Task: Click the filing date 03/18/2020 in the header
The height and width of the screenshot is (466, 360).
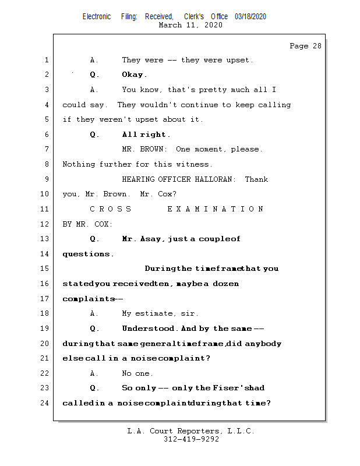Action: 250,17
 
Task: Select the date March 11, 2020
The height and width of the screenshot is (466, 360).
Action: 190,25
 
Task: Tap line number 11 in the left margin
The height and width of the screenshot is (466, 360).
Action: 45,209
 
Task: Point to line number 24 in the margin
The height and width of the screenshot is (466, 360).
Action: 45,403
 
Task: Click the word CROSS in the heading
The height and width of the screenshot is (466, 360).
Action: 111,209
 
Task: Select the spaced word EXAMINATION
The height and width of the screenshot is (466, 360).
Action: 216,209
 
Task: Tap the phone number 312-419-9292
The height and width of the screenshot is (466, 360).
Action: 191,440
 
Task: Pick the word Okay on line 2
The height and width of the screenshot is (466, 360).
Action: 134,75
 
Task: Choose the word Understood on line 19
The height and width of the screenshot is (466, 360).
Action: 149,329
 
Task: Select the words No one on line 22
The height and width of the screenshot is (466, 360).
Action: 137,373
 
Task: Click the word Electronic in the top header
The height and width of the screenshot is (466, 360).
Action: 97,17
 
